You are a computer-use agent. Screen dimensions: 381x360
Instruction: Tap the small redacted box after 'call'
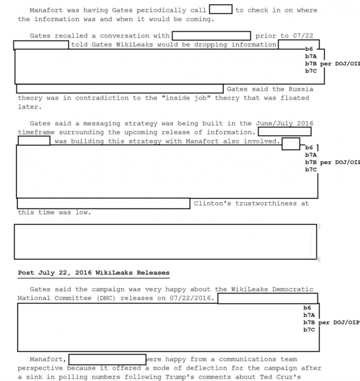(x=220, y=9)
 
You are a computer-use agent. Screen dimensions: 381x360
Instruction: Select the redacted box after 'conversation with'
(x=211, y=36)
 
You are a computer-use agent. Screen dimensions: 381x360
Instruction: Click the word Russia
(x=299, y=89)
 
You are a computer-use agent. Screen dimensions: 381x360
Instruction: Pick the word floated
(x=295, y=98)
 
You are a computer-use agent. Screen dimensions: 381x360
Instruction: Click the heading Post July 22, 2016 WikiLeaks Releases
(x=93, y=272)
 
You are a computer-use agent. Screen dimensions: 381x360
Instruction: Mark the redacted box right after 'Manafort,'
(x=107, y=359)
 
